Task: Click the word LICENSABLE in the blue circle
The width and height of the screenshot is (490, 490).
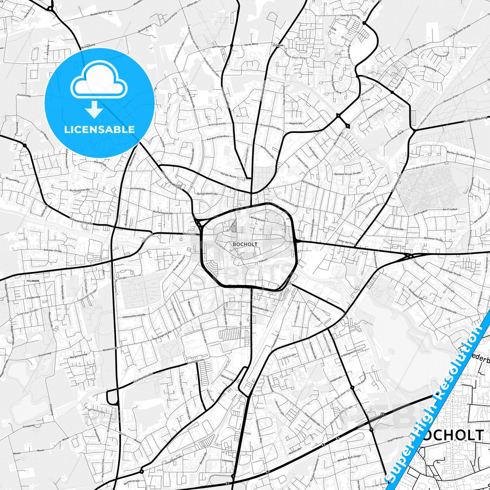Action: coord(99,130)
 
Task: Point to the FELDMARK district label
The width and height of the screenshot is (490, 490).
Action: coord(33,281)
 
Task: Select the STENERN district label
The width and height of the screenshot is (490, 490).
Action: coord(278,45)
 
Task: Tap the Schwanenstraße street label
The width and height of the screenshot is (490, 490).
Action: coord(81,221)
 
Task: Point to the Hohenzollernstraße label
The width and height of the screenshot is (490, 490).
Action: coord(134,315)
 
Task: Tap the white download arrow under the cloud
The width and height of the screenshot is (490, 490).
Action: coord(94,109)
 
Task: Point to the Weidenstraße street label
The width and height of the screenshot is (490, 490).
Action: coord(111,349)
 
